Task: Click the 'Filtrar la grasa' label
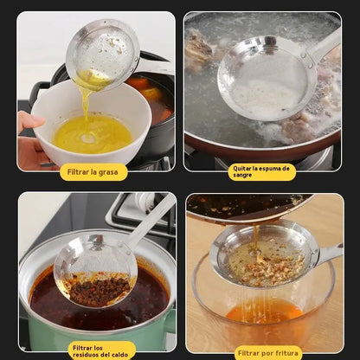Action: [x=93, y=172]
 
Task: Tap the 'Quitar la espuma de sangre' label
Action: [x=261, y=172]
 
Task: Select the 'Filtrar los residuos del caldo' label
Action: [x=100, y=351]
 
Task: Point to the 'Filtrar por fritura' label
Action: [x=268, y=353]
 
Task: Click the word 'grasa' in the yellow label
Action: [x=108, y=172]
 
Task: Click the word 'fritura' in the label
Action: [x=286, y=353]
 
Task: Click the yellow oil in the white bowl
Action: [x=93, y=134]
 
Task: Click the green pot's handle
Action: [x=170, y=320]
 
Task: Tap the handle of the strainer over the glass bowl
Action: [x=330, y=254]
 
